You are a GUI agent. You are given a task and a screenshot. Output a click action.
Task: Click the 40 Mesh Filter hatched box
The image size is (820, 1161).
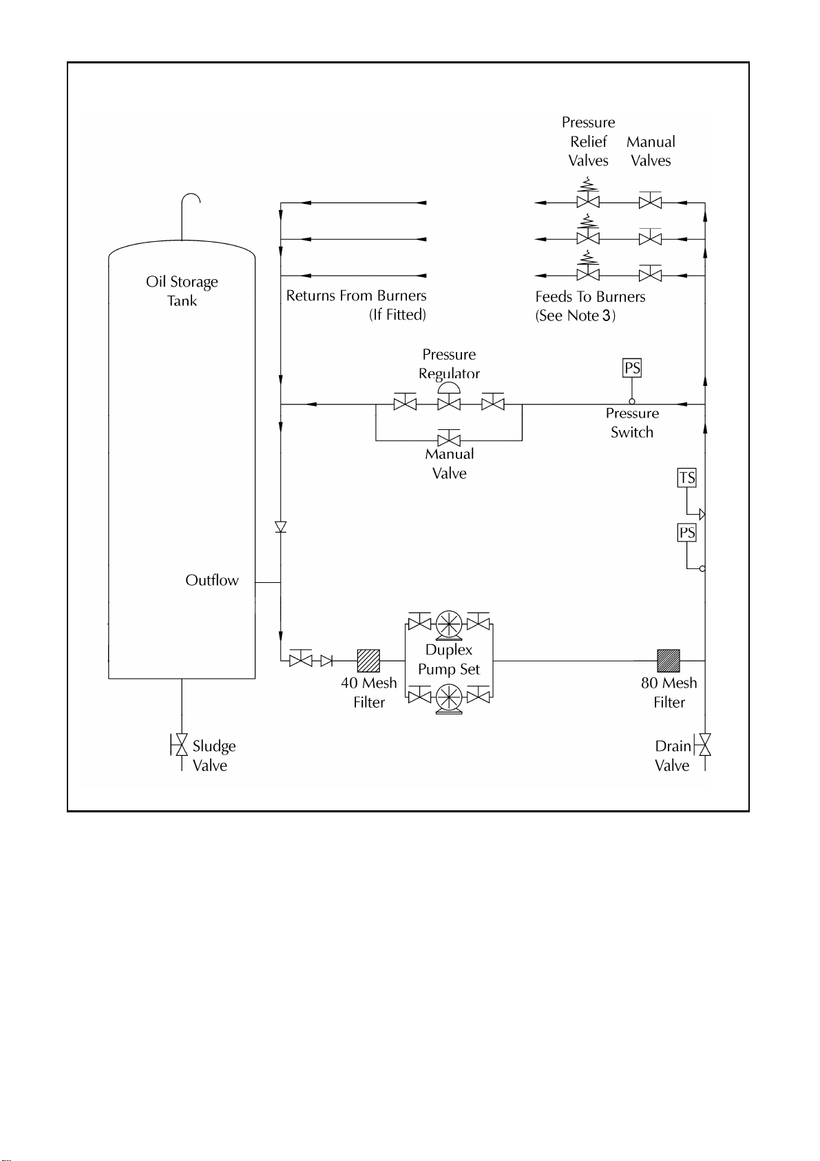coord(368,661)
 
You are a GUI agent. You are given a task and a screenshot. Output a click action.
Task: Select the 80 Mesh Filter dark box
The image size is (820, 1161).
coord(669,661)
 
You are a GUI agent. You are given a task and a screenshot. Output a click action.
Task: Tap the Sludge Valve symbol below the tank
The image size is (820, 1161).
coord(179,745)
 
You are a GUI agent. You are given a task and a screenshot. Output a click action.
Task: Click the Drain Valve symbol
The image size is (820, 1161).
coord(703,745)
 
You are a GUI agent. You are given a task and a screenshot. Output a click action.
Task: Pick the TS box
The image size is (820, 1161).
coord(687,477)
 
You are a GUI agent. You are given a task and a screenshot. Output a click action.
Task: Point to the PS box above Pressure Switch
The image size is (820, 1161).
coord(632,368)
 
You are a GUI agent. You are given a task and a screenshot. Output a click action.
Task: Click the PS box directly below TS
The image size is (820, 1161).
coord(687,533)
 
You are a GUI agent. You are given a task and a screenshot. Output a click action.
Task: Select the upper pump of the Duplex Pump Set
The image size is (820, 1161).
coord(449,624)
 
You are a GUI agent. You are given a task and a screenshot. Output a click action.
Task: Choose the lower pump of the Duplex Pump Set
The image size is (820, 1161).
coord(449,698)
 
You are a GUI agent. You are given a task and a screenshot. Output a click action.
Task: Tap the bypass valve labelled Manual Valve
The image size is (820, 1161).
coord(449,438)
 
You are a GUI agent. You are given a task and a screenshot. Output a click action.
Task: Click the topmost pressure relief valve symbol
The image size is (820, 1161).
coord(588,194)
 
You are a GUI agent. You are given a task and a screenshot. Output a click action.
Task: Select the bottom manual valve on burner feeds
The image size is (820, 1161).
coord(650,273)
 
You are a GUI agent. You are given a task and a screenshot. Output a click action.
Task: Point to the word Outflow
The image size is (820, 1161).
coord(212,580)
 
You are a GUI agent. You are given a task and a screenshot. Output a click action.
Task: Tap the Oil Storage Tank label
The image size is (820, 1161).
coord(182,291)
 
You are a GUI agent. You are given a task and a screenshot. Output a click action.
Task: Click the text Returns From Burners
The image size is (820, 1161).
coord(357,296)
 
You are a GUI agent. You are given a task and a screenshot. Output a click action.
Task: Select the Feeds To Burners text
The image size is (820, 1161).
coord(590,296)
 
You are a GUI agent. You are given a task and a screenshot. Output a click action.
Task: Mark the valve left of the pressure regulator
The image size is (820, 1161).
coord(405,402)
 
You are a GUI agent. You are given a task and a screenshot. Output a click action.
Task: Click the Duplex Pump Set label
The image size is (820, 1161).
coord(449,659)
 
